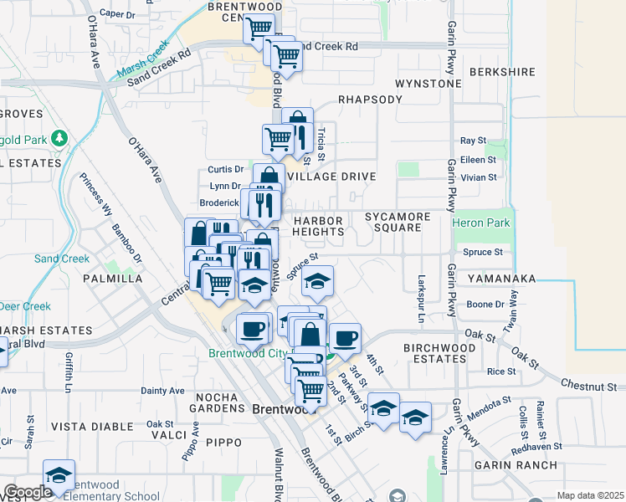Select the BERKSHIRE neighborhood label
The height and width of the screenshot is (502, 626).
tap(502, 72)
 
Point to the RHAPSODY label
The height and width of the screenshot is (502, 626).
tap(371, 99)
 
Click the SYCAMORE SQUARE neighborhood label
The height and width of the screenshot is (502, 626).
tap(398, 223)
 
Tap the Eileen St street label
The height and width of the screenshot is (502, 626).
tap(479, 159)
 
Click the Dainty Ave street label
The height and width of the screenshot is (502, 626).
tap(162, 391)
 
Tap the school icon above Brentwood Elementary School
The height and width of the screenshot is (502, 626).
tap(59, 474)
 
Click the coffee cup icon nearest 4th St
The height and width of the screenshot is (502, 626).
tap(344, 338)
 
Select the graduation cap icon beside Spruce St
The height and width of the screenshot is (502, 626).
tap(317, 281)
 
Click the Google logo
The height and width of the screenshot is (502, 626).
tap(27, 492)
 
